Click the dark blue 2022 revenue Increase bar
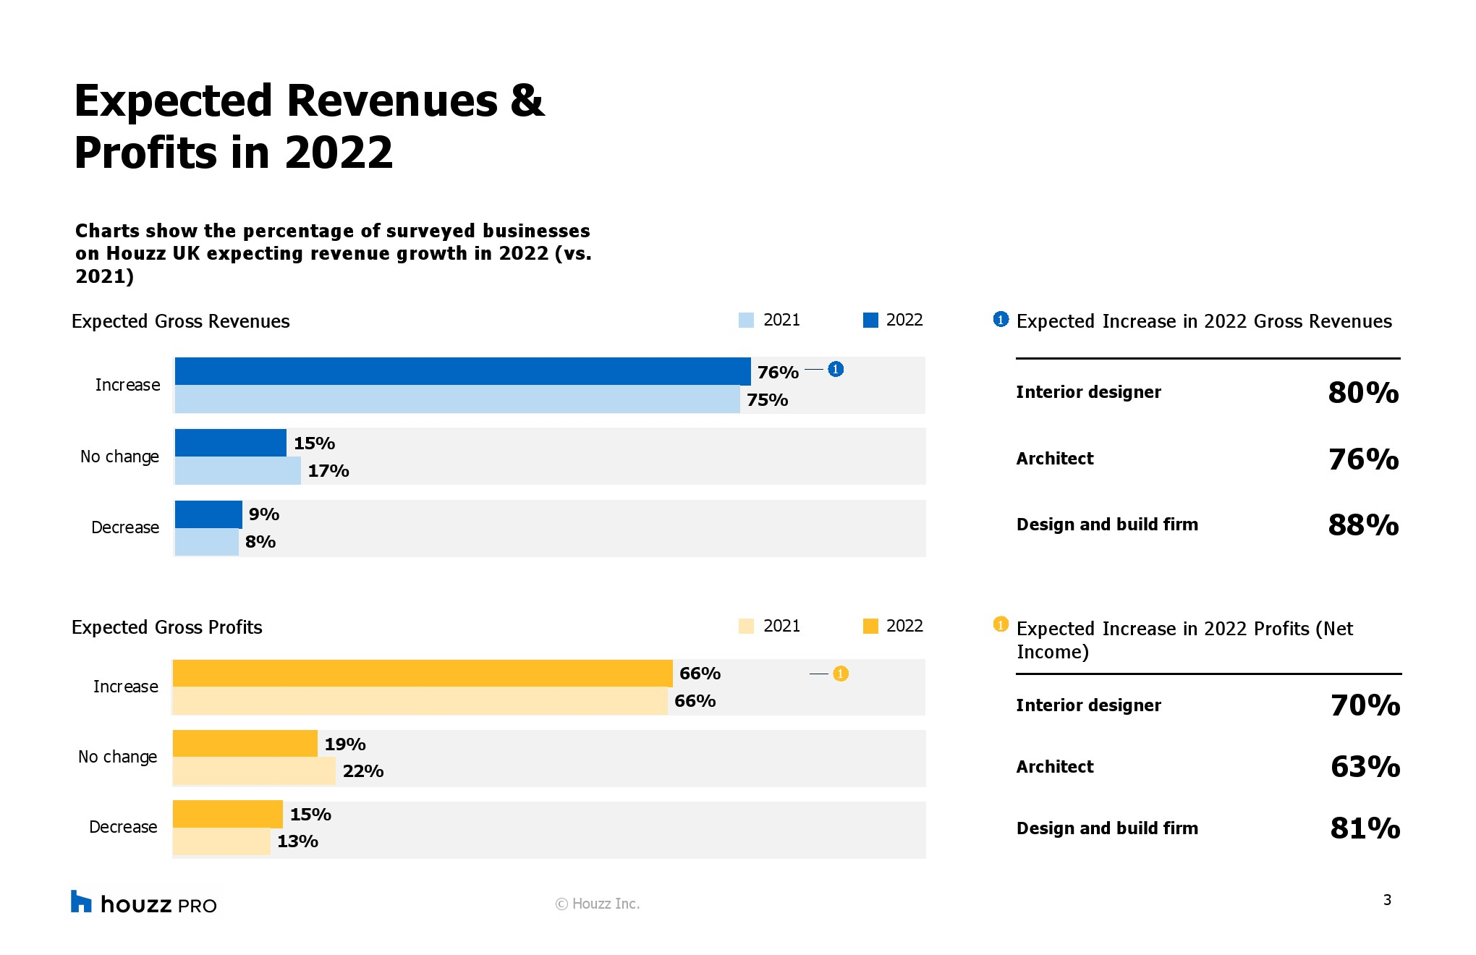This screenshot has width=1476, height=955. [x=462, y=371]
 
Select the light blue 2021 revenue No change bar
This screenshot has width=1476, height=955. [x=237, y=470]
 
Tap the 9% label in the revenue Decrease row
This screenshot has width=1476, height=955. [x=264, y=514]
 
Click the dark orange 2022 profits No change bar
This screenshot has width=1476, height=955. [x=245, y=744]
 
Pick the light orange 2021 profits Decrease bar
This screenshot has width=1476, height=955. [x=221, y=841]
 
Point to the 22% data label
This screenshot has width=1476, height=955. [x=363, y=771]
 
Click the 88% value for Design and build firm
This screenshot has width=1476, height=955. [x=1363, y=525]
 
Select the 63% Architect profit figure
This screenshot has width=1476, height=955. [x=1365, y=767]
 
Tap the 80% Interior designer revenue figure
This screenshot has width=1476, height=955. [x=1363, y=392]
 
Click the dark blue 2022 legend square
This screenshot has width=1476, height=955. [x=870, y=320]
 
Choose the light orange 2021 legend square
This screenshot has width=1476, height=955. [x=746, y=626]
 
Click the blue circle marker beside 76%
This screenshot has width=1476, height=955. [x=836, y=370]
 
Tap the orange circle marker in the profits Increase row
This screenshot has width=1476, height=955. [x=840, y=674]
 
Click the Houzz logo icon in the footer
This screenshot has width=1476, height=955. [x=81, y=901]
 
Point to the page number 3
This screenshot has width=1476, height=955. [x=1387, y=900]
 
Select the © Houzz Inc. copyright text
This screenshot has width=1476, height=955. [x=598, y=904]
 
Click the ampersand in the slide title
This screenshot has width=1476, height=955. [x=527, y=101]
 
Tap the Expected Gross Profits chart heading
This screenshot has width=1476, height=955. [x=167, y=627]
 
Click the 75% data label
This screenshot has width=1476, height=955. [x=768, y=400]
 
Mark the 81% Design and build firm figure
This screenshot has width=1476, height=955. [x=1365, y=828]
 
